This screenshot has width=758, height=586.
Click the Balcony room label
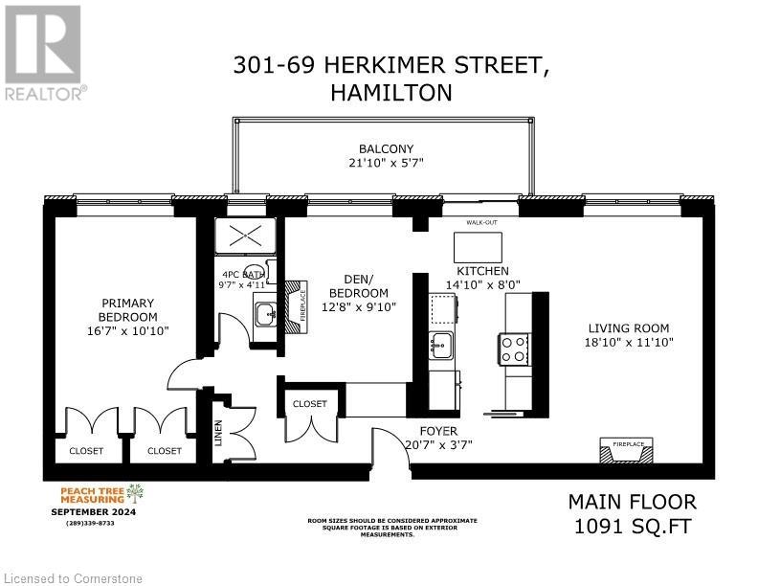click(x=386, y=148)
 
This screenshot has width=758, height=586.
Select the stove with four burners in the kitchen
click(x=514, y=348)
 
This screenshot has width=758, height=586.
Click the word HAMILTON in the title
click(x=390, y=93)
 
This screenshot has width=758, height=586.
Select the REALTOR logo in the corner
click(x=43, y=53)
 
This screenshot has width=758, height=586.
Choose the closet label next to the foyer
click(x=309, y=404)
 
